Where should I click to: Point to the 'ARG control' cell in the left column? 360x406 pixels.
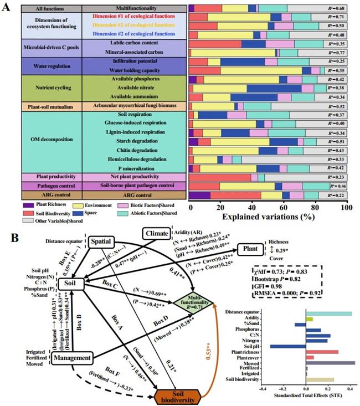click(x=41, y=195)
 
